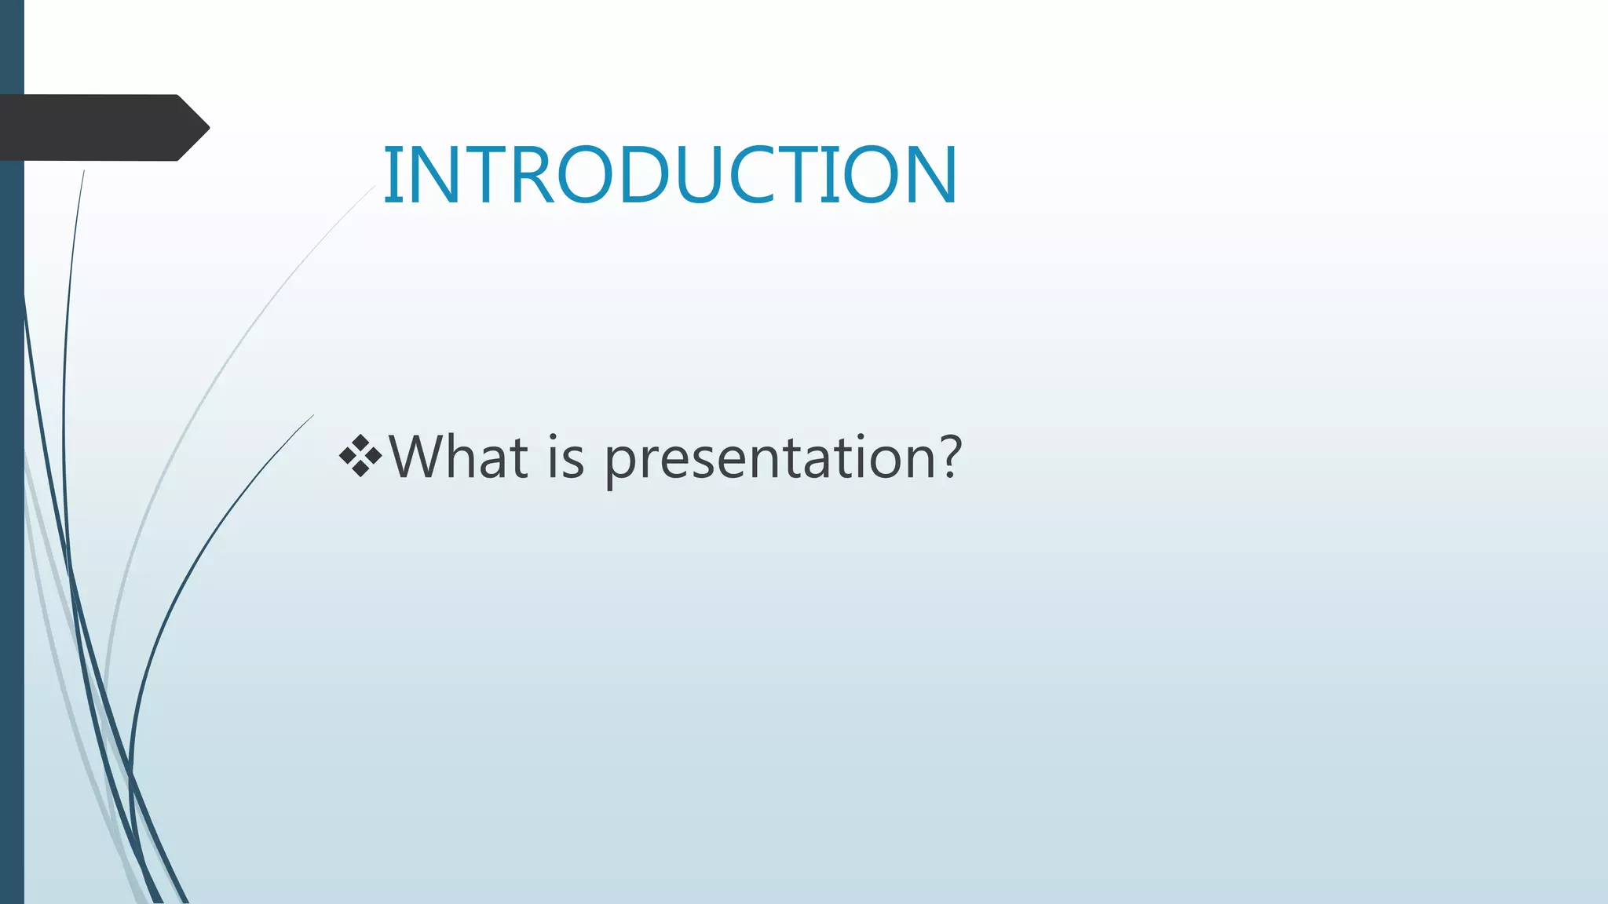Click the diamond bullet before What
tap(360, 456)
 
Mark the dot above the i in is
tap(554, 438)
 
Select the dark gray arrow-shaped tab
tap(102, 127)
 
